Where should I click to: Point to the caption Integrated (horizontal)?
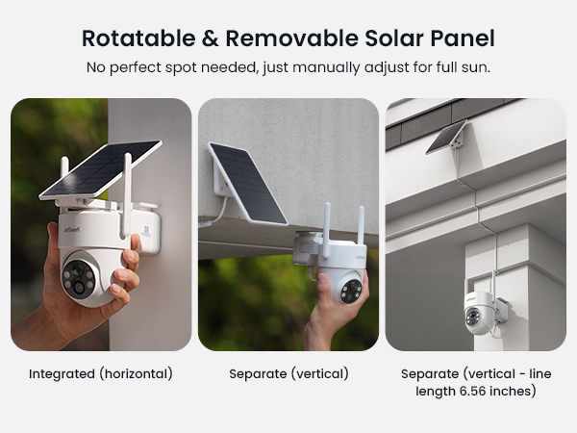100,373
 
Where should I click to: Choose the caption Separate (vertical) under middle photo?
288,373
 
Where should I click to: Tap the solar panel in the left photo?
101,168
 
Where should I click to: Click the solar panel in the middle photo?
247,182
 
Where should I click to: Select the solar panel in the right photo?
446,138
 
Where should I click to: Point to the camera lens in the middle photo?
350,290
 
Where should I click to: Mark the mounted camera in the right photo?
480,310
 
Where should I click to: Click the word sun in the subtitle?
476,67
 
